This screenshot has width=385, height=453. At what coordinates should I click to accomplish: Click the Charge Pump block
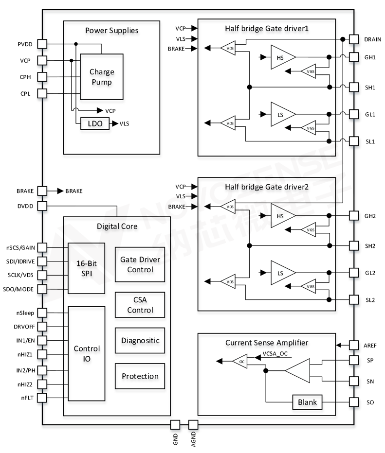[x=101, y=77]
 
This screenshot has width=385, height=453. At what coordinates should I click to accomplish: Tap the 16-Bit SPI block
[x=87, y=268]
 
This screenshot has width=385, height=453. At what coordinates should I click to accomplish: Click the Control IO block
[x=87, y=355]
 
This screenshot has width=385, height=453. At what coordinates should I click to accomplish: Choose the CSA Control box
[x=140, y=305]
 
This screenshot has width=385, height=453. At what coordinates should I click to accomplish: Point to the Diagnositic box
[x=140, y=341]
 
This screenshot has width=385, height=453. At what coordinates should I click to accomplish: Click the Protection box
[x=140, y=376]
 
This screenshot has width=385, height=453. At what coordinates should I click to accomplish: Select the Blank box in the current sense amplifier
[x=308, y=402]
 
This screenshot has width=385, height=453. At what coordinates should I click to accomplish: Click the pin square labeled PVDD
[x=42, y=44]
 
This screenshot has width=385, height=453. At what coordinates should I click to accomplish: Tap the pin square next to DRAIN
[x=354, y=39]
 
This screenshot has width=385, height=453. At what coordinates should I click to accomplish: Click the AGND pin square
[x=193, y=424]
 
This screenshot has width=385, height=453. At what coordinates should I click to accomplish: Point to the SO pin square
[x=354, y=402]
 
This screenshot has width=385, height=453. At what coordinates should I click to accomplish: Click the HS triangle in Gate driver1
[x=282, y=57]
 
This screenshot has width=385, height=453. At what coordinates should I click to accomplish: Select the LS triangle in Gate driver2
[x=282, y=273]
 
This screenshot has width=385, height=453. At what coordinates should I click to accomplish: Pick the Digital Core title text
[x=117, y=226]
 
